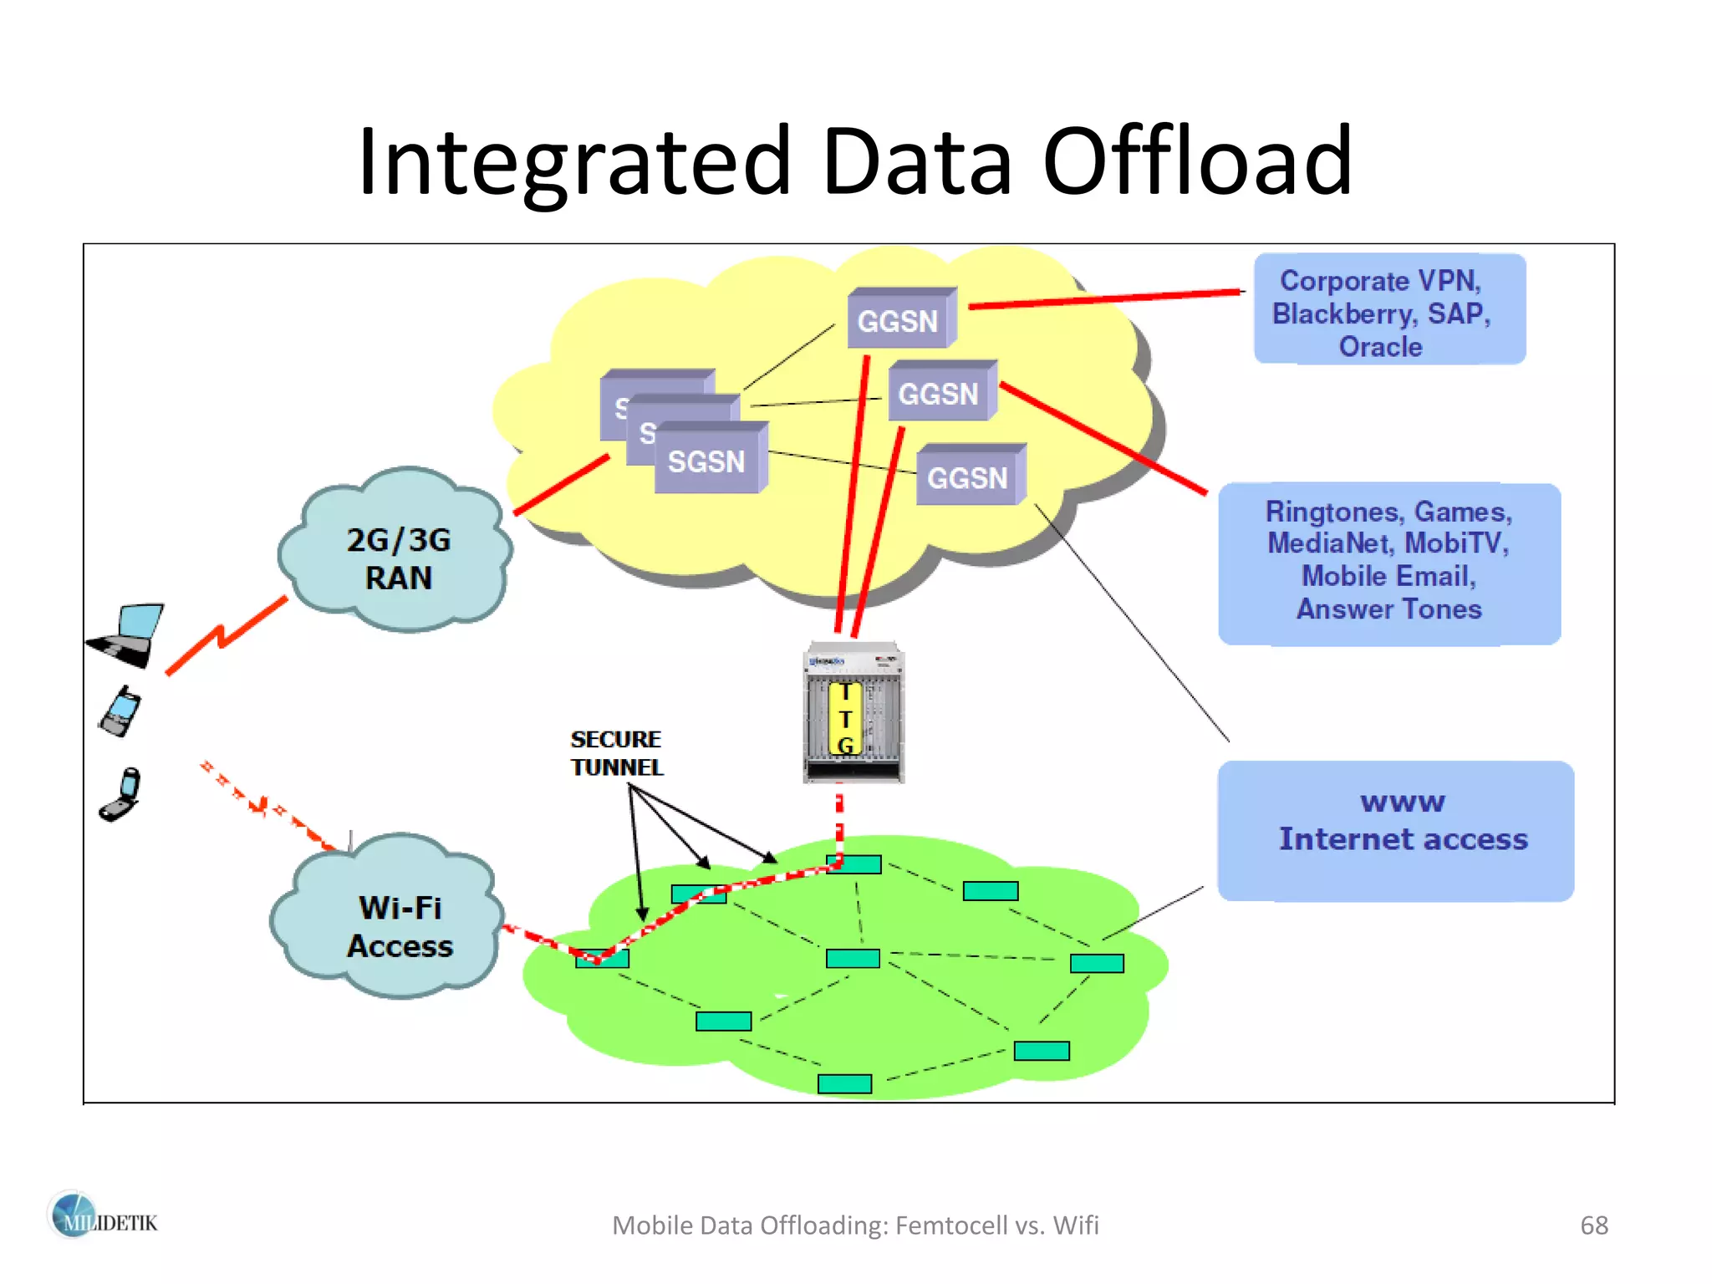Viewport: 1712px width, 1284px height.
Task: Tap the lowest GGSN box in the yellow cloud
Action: (969, 477)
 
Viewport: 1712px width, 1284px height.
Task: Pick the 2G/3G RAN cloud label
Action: (398, 558)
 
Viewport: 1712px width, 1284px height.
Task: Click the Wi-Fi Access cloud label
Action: (400, 926)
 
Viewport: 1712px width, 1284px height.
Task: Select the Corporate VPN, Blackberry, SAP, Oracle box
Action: (1388, 312)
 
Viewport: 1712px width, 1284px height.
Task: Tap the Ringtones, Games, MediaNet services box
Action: (1388, 561)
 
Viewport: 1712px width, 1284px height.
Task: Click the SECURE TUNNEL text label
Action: (616, 752)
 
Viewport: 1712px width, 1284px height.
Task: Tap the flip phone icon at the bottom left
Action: (121, 795)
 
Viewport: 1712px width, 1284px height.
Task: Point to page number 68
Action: (1593, 1225)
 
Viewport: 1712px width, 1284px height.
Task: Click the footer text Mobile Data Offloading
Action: (854, 1225)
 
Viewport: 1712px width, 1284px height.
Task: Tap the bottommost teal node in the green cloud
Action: (844, 1083)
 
